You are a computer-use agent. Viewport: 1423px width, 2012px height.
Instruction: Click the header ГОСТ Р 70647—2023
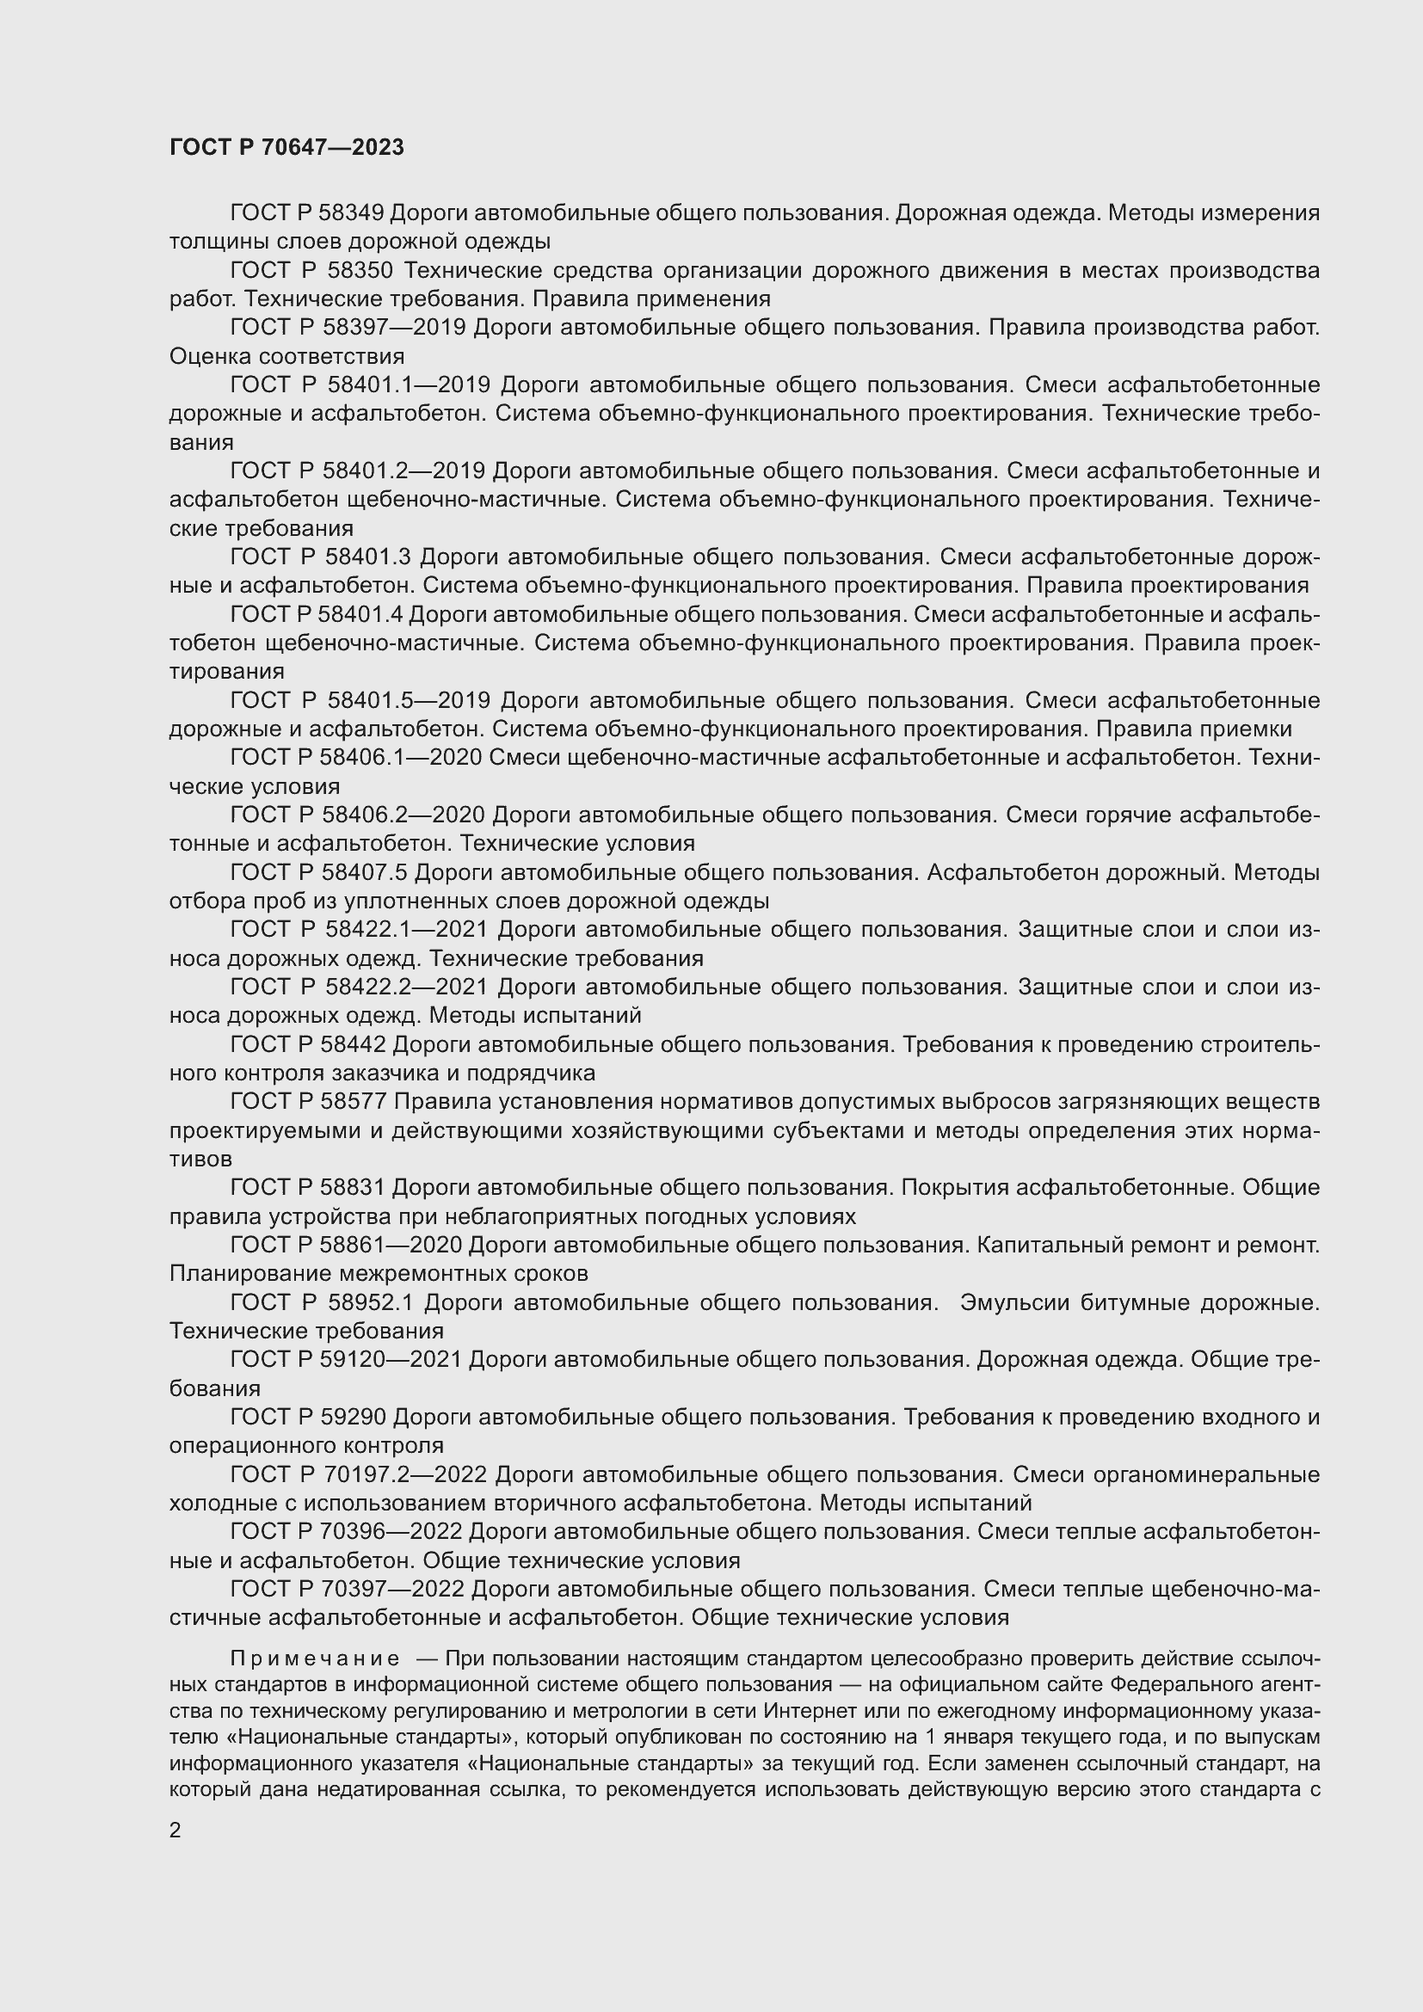coord(286,147)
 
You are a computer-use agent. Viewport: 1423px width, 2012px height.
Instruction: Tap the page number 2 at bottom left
coord(176,1830)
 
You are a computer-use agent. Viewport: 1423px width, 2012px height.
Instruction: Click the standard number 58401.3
coord(368,557)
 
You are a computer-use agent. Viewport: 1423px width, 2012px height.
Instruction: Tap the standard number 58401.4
coord(362,614)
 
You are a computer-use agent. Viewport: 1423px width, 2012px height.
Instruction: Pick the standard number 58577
coord(354,1102)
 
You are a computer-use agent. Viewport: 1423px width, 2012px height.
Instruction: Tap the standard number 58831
coord(353,1187)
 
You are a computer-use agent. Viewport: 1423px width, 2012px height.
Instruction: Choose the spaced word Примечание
coord(315,1658)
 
